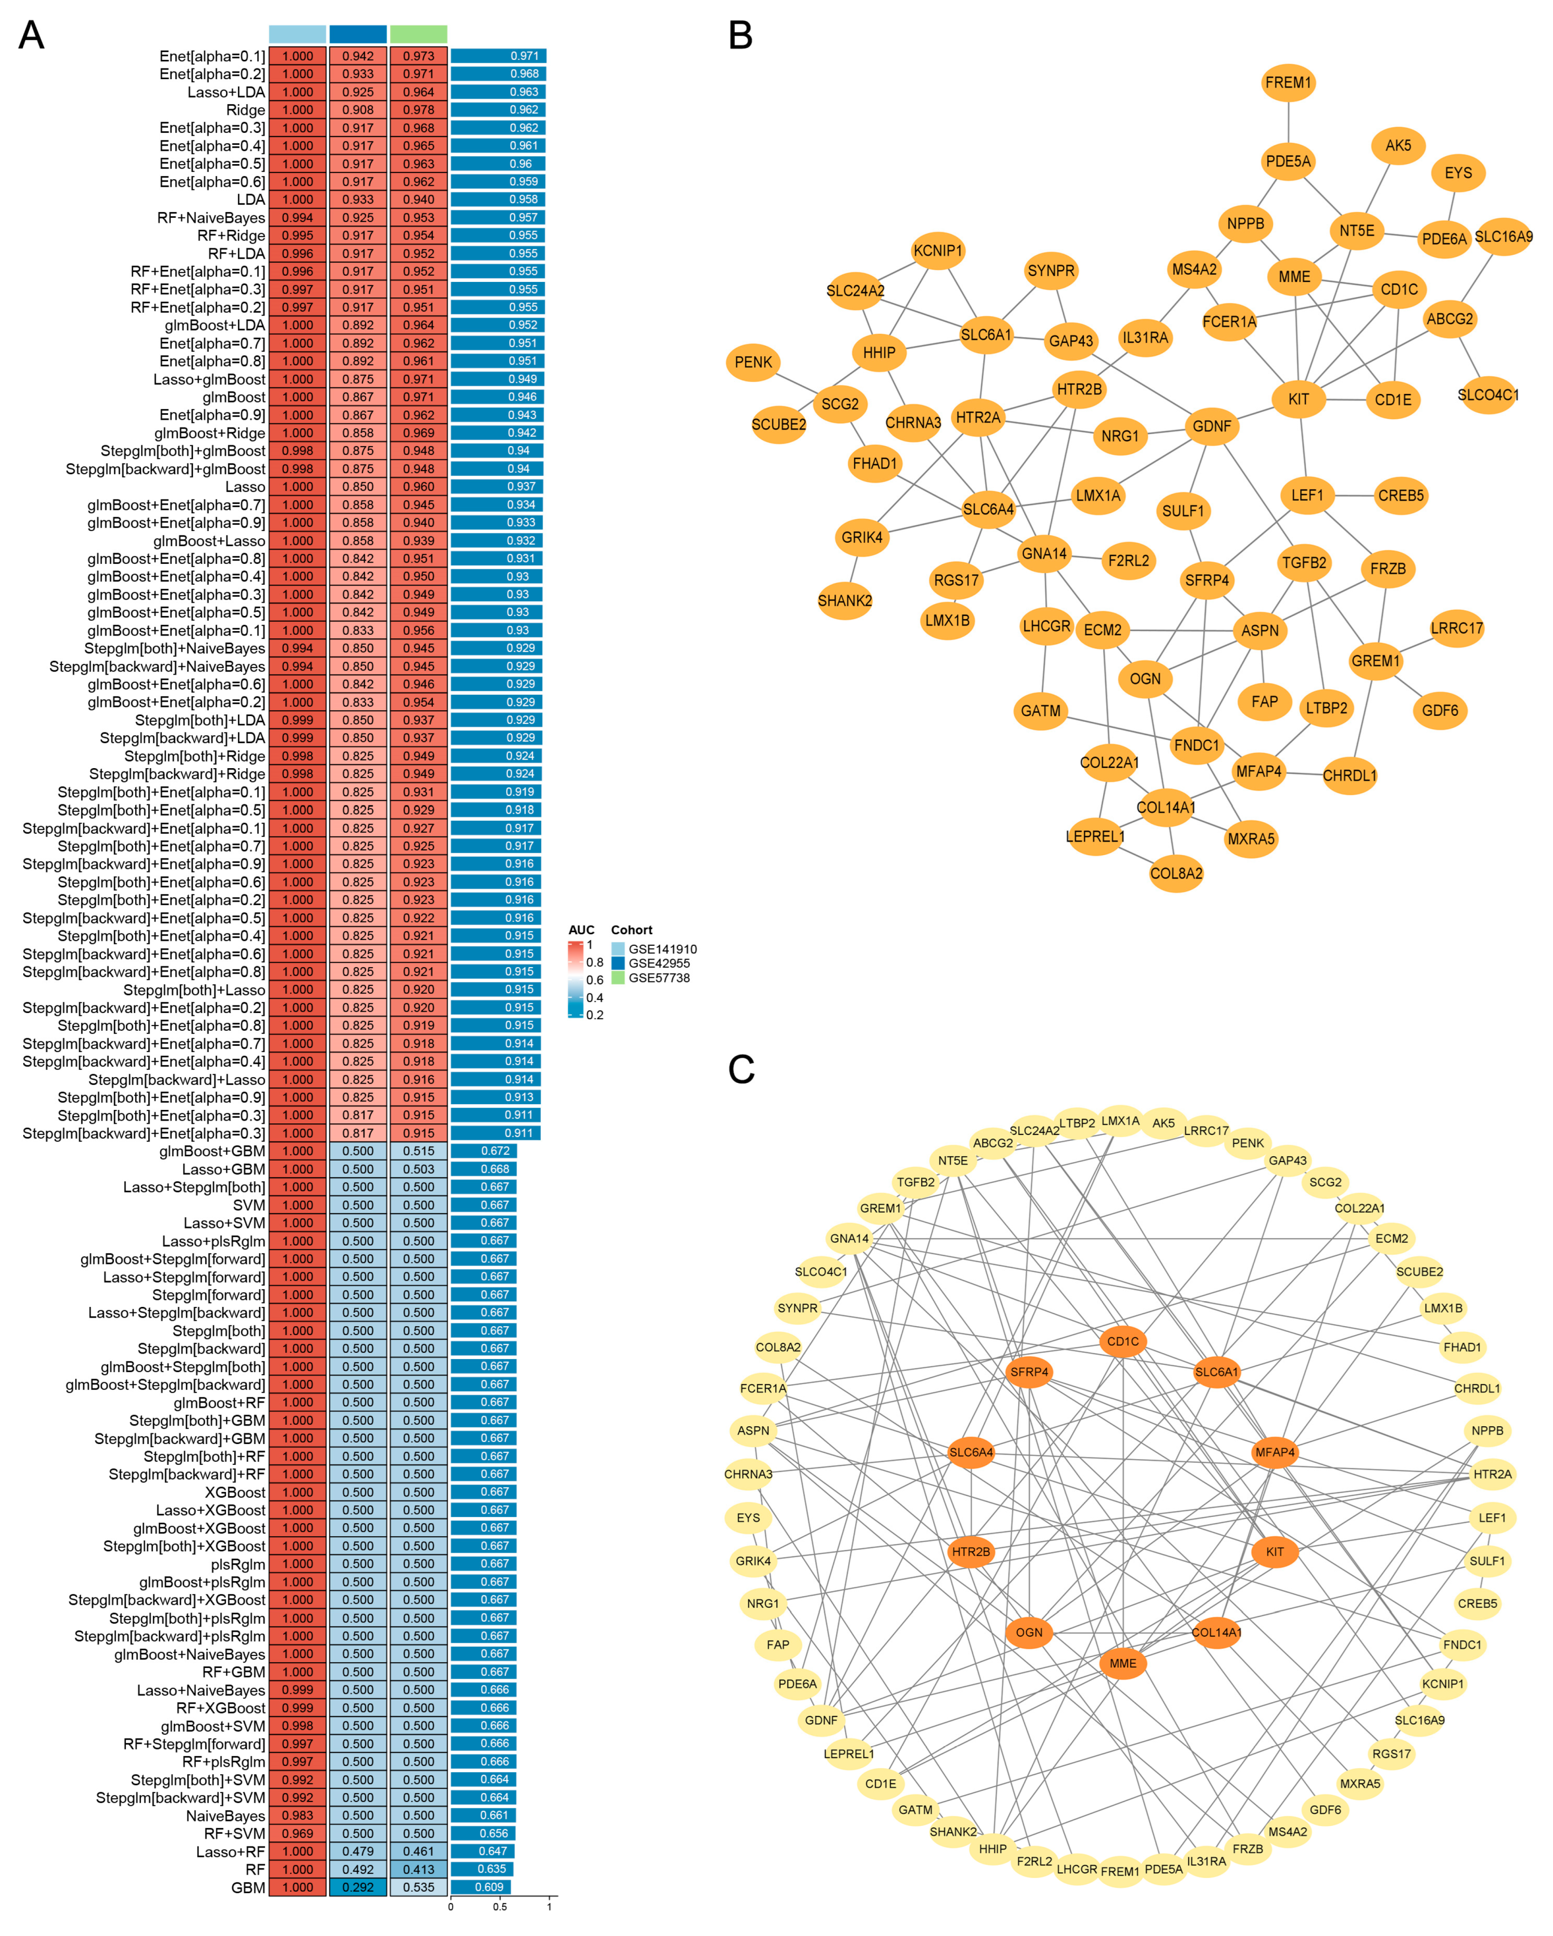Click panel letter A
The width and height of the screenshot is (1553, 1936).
[x=31, y=36]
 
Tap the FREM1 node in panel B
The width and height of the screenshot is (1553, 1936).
[x=1287, y=83]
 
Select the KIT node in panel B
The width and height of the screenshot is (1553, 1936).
[x=1298, y=399]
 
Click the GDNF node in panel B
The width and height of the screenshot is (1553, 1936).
[x=1211, y=426]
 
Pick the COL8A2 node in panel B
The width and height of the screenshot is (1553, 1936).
[x=1176, y=873]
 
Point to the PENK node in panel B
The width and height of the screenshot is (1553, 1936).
[x=752, y=362]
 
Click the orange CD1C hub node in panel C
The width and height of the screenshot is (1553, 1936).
[x=1122, y=1342]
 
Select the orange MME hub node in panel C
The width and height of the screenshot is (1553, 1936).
[x=1122, y=1663]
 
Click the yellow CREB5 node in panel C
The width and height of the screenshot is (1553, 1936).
[x=1477, y=1603]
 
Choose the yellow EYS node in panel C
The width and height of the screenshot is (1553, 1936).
[x=748, y=1517]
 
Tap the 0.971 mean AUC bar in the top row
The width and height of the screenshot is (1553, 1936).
[x=498, y=56]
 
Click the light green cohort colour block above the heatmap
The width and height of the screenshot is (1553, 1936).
[x=419, y=34]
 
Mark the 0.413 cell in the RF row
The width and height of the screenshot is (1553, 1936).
[x=419, y=1869]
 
